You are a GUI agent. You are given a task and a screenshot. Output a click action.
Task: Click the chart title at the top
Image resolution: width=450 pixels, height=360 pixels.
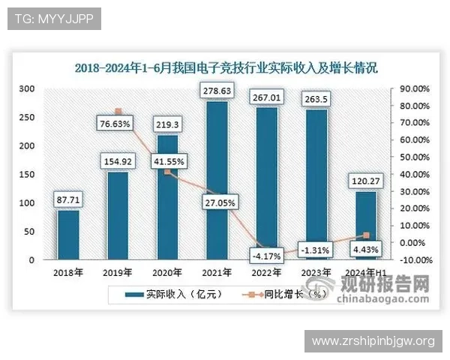click(x=226, y=67)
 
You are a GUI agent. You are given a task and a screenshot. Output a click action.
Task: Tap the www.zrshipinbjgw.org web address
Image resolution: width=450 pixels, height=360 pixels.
click(x=373, y=341)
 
